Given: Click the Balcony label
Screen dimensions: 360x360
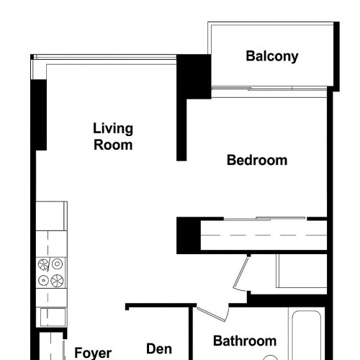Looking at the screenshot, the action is (x=272, y=57).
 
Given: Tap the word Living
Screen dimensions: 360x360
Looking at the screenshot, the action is (x=113, y=129).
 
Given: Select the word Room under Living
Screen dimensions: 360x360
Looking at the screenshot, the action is (x=113, y=145).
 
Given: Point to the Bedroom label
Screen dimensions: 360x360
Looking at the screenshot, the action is (x=257, y=160).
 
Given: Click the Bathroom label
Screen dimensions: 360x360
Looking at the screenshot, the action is (x=245, y=341).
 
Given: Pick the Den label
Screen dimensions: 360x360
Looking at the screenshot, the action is (x=159, y=348).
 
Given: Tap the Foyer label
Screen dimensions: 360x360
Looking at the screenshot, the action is (x=93, y=354).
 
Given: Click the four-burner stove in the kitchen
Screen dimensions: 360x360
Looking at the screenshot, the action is (x=50, y=273).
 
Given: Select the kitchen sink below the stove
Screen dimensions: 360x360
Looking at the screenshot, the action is (x=53, y=317).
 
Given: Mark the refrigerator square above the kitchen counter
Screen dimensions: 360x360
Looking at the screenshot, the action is (x=51, y=216).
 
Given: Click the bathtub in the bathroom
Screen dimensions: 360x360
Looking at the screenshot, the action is (x=307, y=336).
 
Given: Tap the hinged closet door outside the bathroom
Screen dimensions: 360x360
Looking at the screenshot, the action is (x=240, y=274).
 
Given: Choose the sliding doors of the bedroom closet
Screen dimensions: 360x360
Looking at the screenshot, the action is (x=265, y=219).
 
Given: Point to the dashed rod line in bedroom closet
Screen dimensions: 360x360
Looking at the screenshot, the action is (x=264, y=235).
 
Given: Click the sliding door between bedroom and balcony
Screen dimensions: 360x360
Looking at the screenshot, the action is (x=269, y=89).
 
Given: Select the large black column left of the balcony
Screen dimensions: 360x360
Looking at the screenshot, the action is (x=194, y=76).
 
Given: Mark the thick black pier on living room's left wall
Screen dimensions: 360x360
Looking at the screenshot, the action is (x=39, y=115).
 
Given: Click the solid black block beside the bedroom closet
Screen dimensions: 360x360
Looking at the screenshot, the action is (x=189, y=235).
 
